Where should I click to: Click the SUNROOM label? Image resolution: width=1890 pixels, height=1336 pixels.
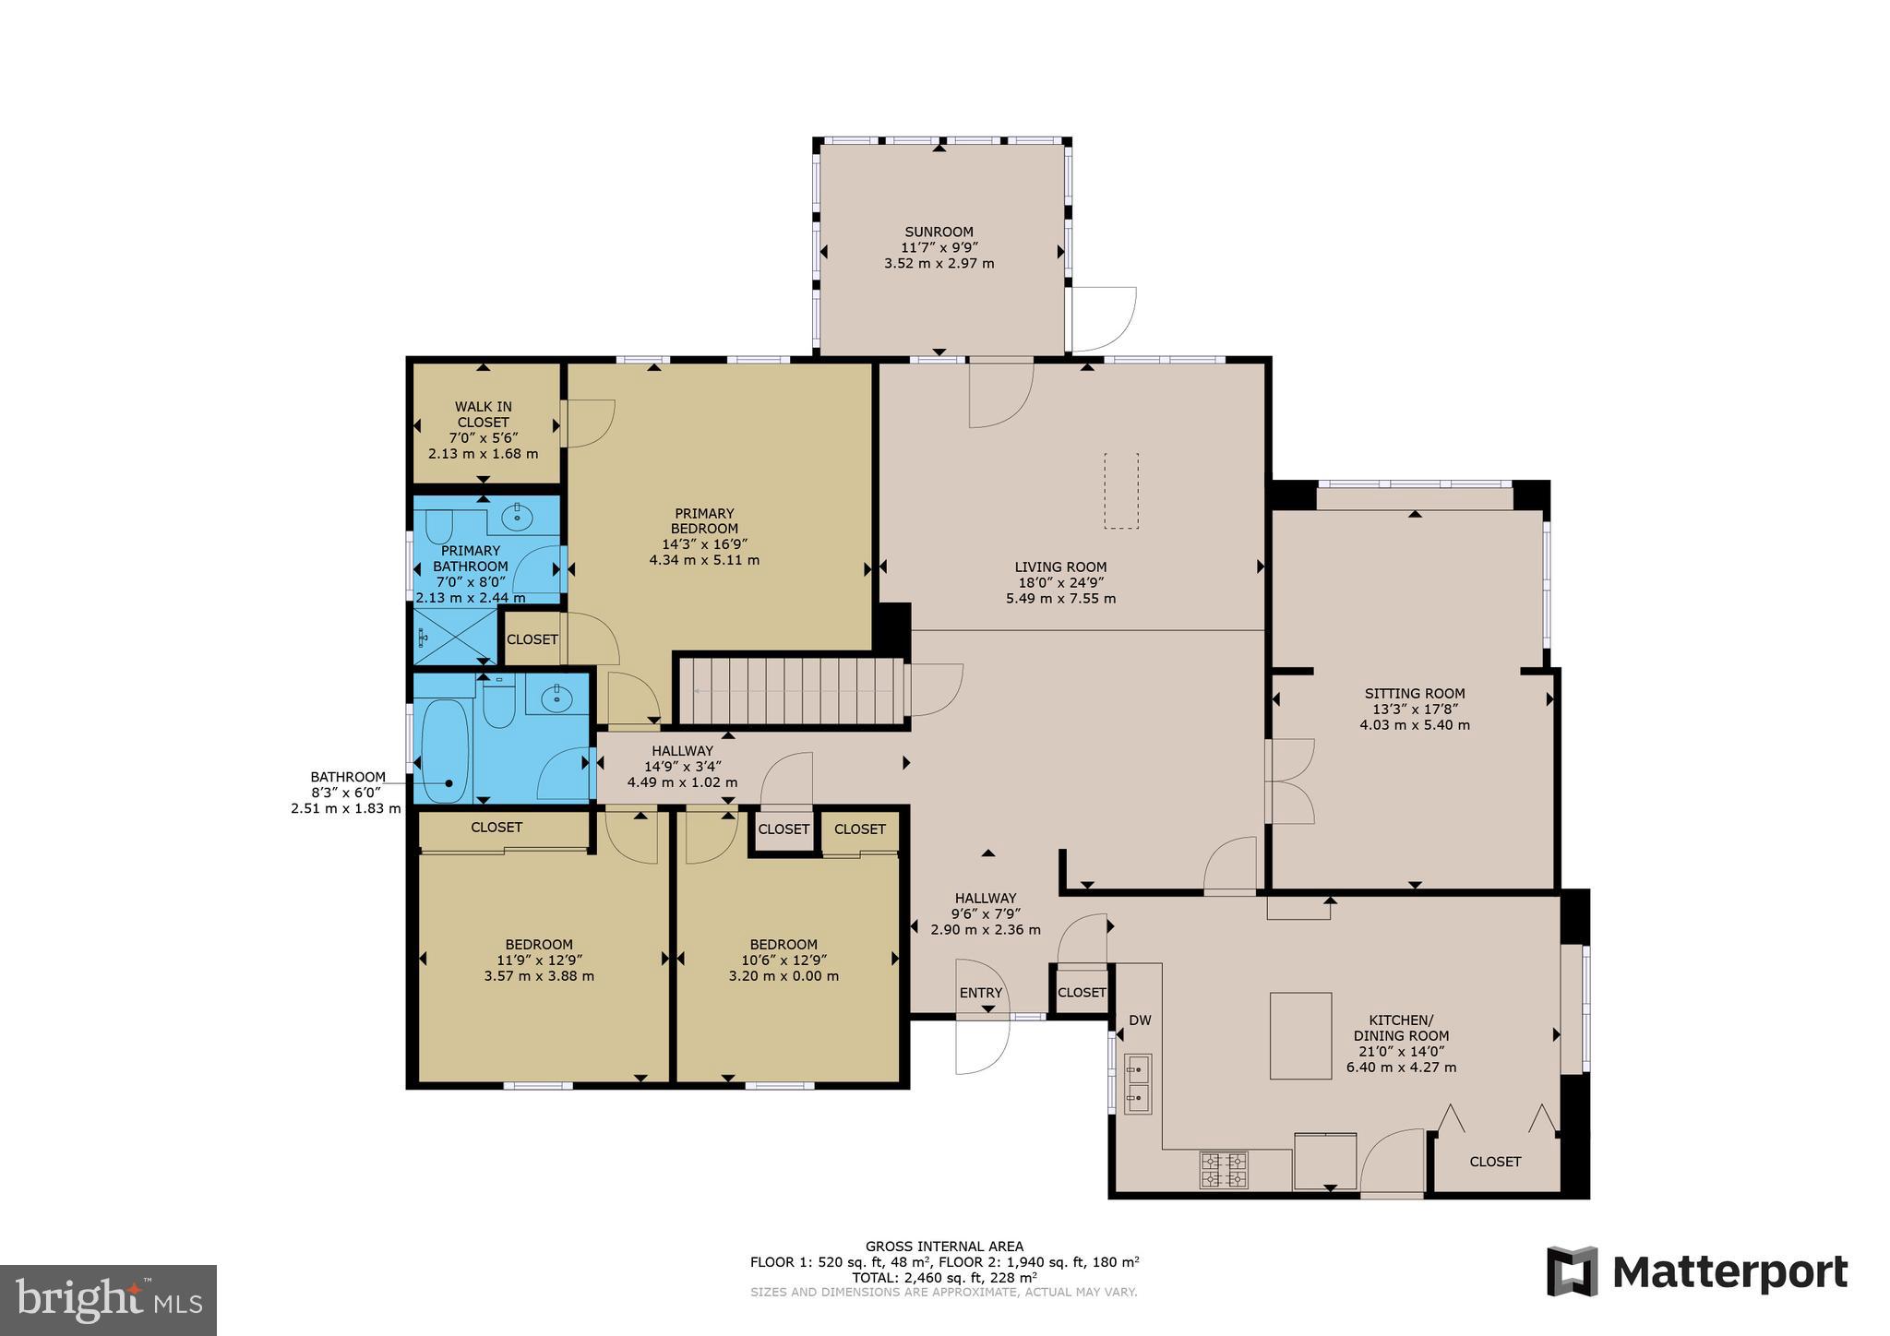[x=939, y=232]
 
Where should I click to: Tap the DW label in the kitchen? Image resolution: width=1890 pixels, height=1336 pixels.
[x=1140, y=1020]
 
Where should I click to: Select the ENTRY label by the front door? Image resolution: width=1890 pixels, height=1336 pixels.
[x=980, y=993]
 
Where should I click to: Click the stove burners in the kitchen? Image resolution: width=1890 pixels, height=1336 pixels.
[x=1223, y=1170]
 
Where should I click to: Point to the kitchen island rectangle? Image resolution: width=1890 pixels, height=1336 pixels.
[x=1300, y=1035]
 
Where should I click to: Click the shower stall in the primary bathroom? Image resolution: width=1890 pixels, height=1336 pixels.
[x=452, y=637]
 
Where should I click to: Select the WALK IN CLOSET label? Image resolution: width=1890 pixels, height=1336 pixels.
[x=483, y=414]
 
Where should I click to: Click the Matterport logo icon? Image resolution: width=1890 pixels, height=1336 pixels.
[x=1572, y=1271]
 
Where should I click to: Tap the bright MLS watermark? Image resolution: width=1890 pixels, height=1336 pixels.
[x=108, y=1300]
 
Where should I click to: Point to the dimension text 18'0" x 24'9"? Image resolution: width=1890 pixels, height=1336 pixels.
[x=1060, y=583]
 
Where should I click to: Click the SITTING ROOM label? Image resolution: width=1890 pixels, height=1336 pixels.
[x=1414, y=694]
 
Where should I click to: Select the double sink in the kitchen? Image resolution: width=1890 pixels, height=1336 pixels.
[x=1138, y=1084]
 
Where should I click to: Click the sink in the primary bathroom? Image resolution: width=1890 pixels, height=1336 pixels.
[x=518, y=518]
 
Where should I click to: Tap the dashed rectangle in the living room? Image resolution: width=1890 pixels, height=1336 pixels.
[x=1121, y=491]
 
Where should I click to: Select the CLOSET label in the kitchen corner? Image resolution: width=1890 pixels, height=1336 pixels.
[x=1494, y=1162]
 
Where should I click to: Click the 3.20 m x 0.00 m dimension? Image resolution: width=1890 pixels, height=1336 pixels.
[x=783, y=976]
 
